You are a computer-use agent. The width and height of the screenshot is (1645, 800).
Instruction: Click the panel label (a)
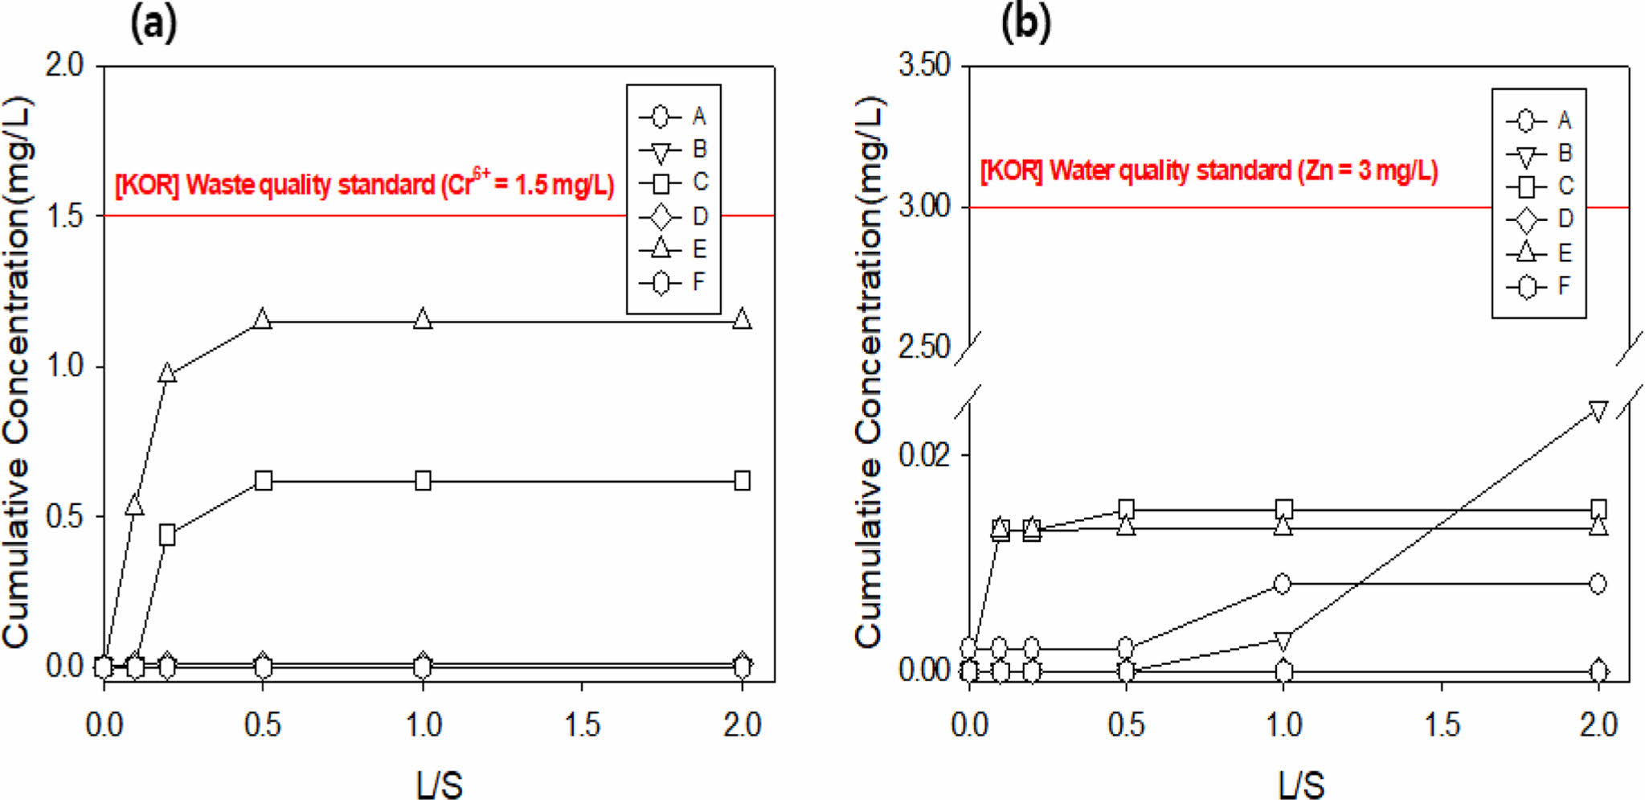153,25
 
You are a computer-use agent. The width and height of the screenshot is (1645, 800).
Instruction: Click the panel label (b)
1025,25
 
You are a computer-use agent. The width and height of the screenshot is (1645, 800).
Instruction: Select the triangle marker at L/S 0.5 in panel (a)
262,320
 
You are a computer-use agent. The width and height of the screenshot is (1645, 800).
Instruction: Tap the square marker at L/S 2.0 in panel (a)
743,481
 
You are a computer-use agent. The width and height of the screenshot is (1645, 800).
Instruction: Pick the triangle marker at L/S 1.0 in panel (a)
423,320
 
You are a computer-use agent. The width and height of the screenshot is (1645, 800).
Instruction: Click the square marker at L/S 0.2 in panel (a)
167,535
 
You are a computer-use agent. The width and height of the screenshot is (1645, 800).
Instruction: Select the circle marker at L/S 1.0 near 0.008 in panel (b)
1283,584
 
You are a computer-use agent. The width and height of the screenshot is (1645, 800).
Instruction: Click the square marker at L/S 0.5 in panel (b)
1127,509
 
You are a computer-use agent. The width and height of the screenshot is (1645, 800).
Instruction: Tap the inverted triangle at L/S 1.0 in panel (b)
1283,641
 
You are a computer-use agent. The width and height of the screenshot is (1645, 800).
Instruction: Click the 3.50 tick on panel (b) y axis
924,65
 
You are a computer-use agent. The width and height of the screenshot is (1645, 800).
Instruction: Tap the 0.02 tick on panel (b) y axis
924,455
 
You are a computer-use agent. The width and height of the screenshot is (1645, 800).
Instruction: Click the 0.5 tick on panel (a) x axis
263,725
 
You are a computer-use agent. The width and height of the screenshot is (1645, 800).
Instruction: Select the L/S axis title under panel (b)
1301,785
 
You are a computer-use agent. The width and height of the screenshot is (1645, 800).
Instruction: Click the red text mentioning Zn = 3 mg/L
1209,171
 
